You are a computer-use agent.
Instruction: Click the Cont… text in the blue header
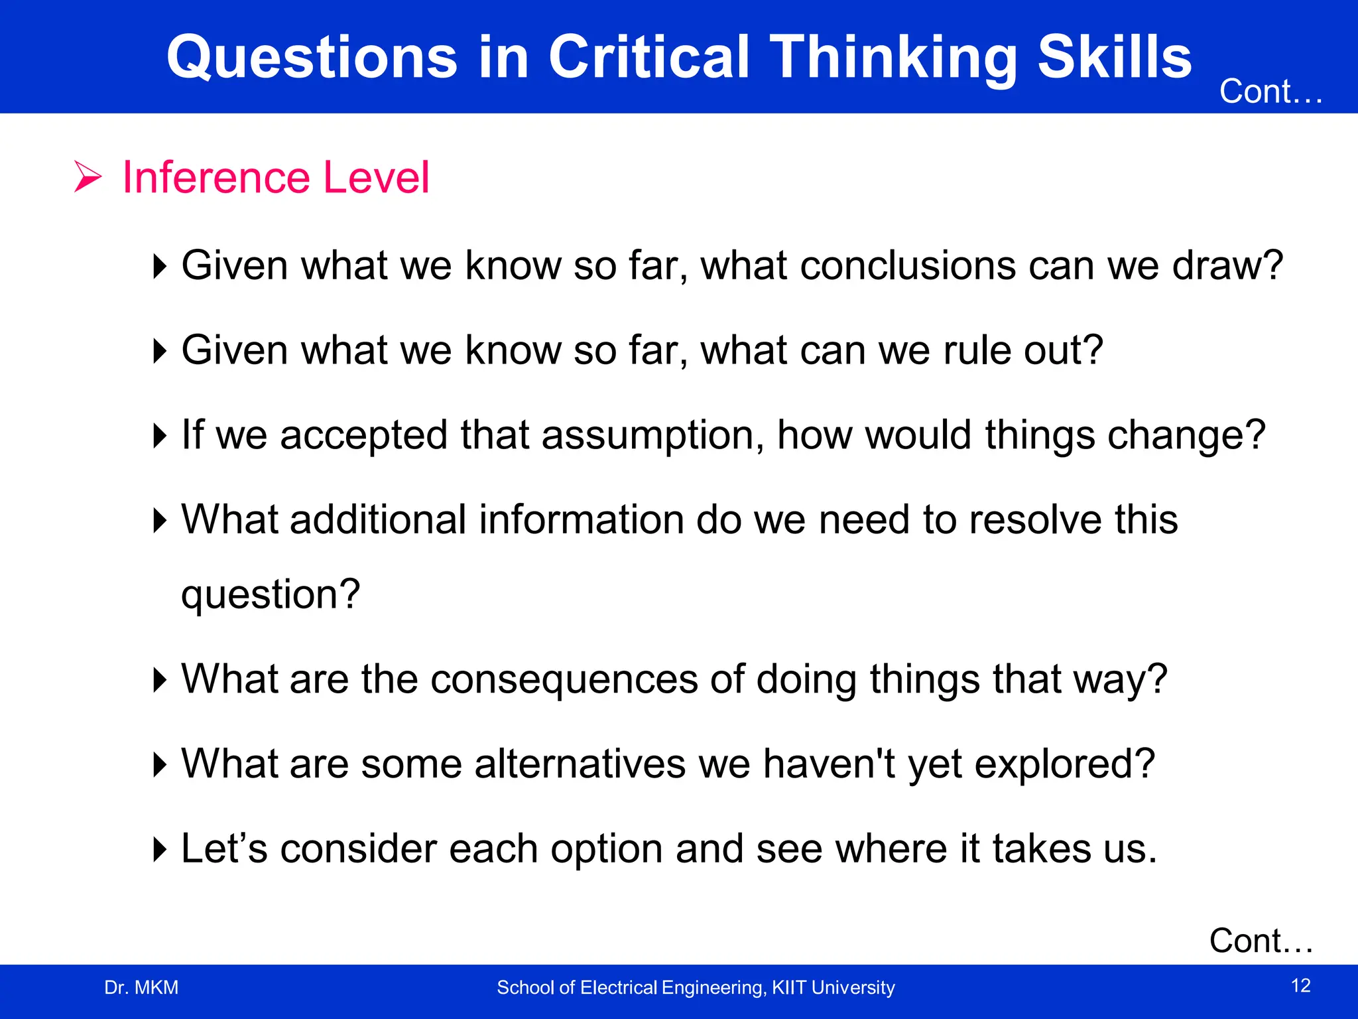(1270, 92)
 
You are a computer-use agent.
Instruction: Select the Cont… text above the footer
(1261, 941)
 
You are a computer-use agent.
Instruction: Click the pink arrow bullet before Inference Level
(88, 177)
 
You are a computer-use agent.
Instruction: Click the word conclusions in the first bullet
(908, 265)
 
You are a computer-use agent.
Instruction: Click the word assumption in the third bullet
(654, 436)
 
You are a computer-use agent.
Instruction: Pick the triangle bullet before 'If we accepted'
(160, 436)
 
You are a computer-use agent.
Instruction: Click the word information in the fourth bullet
(582, 519)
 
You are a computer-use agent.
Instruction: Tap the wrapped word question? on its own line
(271, 594)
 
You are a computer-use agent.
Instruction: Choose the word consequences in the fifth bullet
(564, 679)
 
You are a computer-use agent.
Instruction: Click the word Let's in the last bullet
(223, 849)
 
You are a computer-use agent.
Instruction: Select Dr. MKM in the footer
(141, 988)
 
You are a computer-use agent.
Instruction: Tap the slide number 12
(1301, 986)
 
